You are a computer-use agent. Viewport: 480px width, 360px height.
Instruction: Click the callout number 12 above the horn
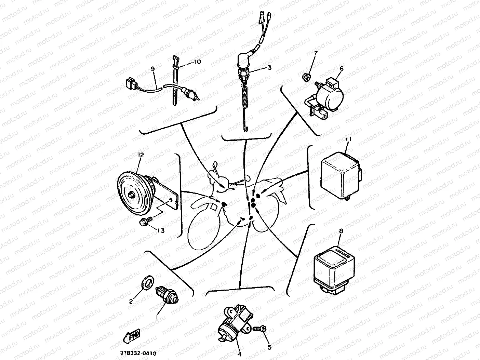pos(141,155)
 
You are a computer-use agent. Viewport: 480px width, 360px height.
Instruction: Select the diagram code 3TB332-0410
pos(138,353)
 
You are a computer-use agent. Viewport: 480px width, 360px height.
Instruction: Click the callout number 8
pos(341,231)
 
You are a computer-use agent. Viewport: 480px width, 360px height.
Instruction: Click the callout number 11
pos(349,138)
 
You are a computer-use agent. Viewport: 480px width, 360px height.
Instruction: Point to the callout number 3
pos(269,67)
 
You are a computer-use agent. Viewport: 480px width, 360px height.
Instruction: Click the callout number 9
pos(152,69)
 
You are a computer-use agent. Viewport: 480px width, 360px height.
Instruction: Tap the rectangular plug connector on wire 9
pos(131,83)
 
